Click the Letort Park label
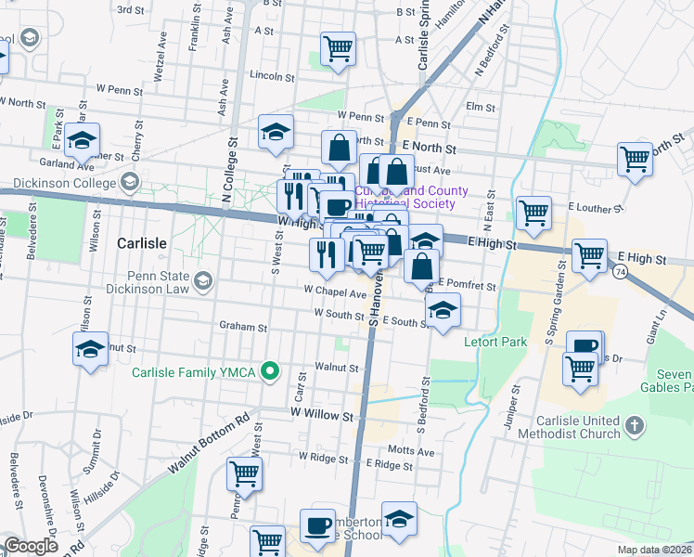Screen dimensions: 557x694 pyautogui.click(x=495, y=343)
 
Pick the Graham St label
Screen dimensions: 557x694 pyautogui.click(x=243, y=327)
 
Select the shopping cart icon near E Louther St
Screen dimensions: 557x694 pyautogui.click(x=534, y=212)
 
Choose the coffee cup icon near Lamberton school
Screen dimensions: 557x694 pyautogui.click(x=317, y=525)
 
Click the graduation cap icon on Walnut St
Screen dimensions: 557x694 pyautogui.click(x=90, y=349)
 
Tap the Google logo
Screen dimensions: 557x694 pyautogui.click(x=31, y=546)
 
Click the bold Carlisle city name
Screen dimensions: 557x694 pyautogui.click(x=142, y=243)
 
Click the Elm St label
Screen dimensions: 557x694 pyautogui.click(x=481, y=107)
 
